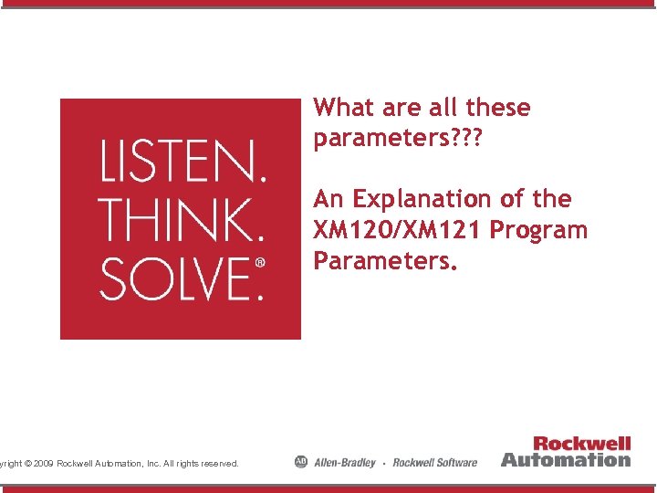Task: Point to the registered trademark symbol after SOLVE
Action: [x=259, y=263]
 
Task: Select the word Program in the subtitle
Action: [x=538, y=230]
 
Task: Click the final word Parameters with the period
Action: [x=384, y=261]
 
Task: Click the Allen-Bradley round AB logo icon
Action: [x=301, y=462]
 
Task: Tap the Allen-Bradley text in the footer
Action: [x=344, y=462]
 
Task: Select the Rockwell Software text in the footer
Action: [x=434, y=462]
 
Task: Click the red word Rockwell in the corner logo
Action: [x=581, y=444]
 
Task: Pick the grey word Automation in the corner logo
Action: [x=566, y=459]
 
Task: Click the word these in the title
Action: [x=497, y=108]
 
